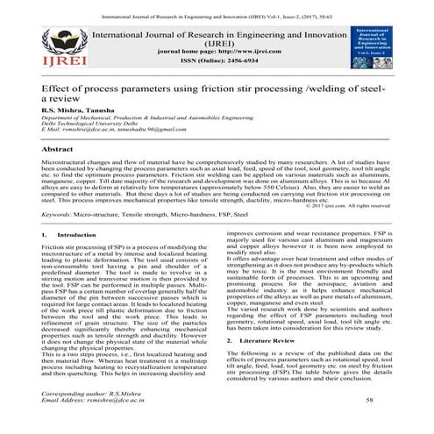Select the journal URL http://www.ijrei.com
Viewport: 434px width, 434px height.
(230, 53)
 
